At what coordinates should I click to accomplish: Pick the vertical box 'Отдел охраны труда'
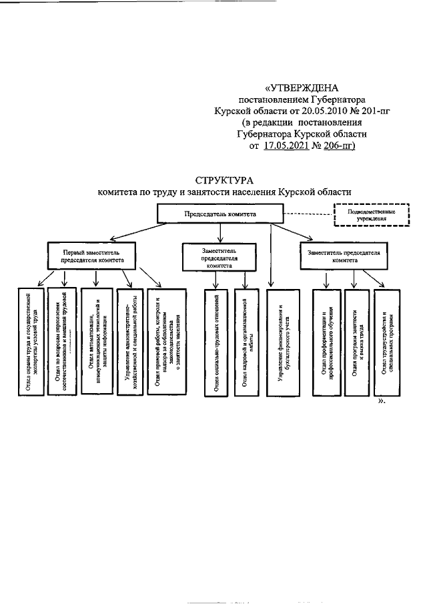click(x=30, y=340)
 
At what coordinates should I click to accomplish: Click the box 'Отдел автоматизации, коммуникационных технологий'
click(x=95, y=340)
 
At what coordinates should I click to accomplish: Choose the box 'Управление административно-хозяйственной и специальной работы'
click(x=129, y=340)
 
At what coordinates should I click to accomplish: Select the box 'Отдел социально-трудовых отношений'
click(x=217, y=340)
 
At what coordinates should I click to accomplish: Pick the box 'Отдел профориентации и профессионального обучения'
click(x=326, y=340)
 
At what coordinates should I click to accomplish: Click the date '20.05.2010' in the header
click(x=323, y=110)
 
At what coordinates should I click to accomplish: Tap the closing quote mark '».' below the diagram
click(x=383, y=403)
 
